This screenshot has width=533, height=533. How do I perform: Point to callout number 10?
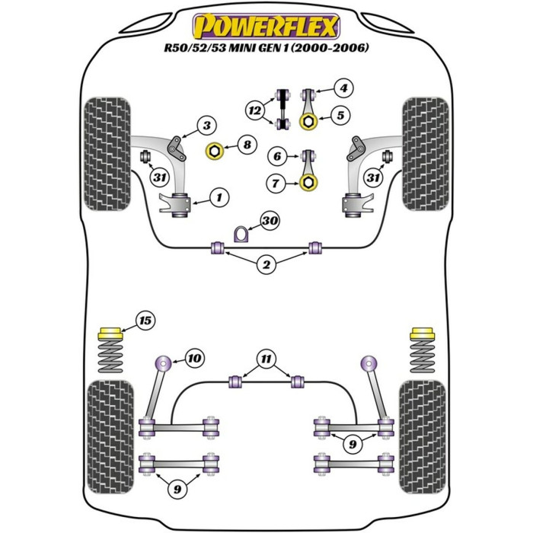pyautogui.click(x=195, y=356)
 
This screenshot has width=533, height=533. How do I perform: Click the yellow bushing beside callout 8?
pyautogui.click(x=214, y=152)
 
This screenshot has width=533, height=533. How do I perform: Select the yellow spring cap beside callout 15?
pyautogui.click(x=111, y=334)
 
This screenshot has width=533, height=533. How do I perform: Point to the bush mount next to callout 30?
pyautogui.click(x=243, y=232)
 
